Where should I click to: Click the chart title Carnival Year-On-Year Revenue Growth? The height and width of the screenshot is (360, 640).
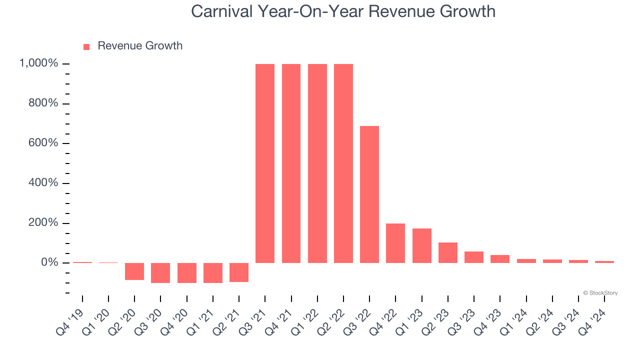coord(343,11)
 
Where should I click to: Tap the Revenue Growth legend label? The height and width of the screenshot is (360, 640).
coord(140,46)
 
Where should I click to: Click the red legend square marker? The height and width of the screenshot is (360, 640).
coord(86,46)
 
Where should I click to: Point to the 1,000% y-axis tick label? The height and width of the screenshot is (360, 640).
coord(38,63)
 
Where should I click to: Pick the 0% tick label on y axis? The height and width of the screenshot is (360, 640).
coord(50,262)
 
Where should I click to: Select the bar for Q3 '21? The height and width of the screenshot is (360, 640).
coord(265,163)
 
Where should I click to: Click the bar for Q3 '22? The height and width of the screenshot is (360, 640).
coord(369,194)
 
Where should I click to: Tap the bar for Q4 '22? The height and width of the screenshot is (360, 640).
coord(395,243)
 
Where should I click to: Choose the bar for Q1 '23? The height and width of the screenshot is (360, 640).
coord(421,245)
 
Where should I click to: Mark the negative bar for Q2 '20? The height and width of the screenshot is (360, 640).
coord(134,271)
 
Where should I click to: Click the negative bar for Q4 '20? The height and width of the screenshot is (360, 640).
coord(186,273)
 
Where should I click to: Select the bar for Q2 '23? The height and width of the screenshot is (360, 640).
coord(448,252)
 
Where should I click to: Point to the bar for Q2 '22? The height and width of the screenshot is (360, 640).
coord(343,163)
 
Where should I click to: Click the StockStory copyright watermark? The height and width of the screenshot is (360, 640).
coord(600,293)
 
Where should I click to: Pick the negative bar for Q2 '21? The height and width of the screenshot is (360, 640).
coord(239,272)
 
